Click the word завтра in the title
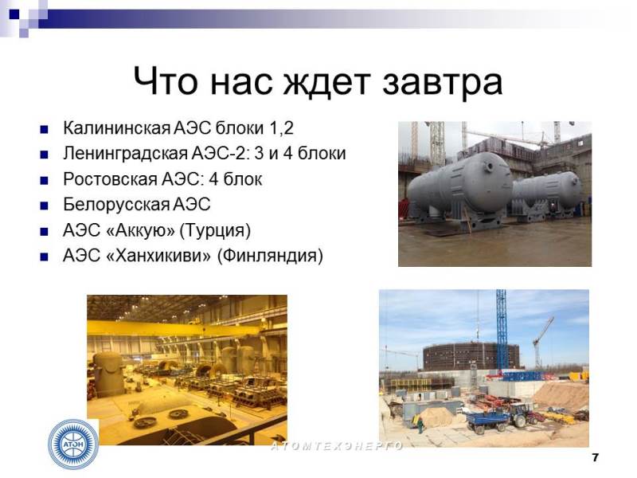(443, 82)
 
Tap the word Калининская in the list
(116, 128)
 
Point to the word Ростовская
(110, 179)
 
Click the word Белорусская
(115, 205)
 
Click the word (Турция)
(215, 230)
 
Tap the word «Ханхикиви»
(158, 256)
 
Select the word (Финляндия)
(270, 256)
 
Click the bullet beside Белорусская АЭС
(44, 206)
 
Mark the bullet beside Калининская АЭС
(44, 130)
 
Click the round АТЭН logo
(73, 445)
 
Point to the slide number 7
(595, 457)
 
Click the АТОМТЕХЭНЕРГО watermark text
(337, 446)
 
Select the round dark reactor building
(471, 356)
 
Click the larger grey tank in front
(460, 188)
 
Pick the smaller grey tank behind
(547, 194)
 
